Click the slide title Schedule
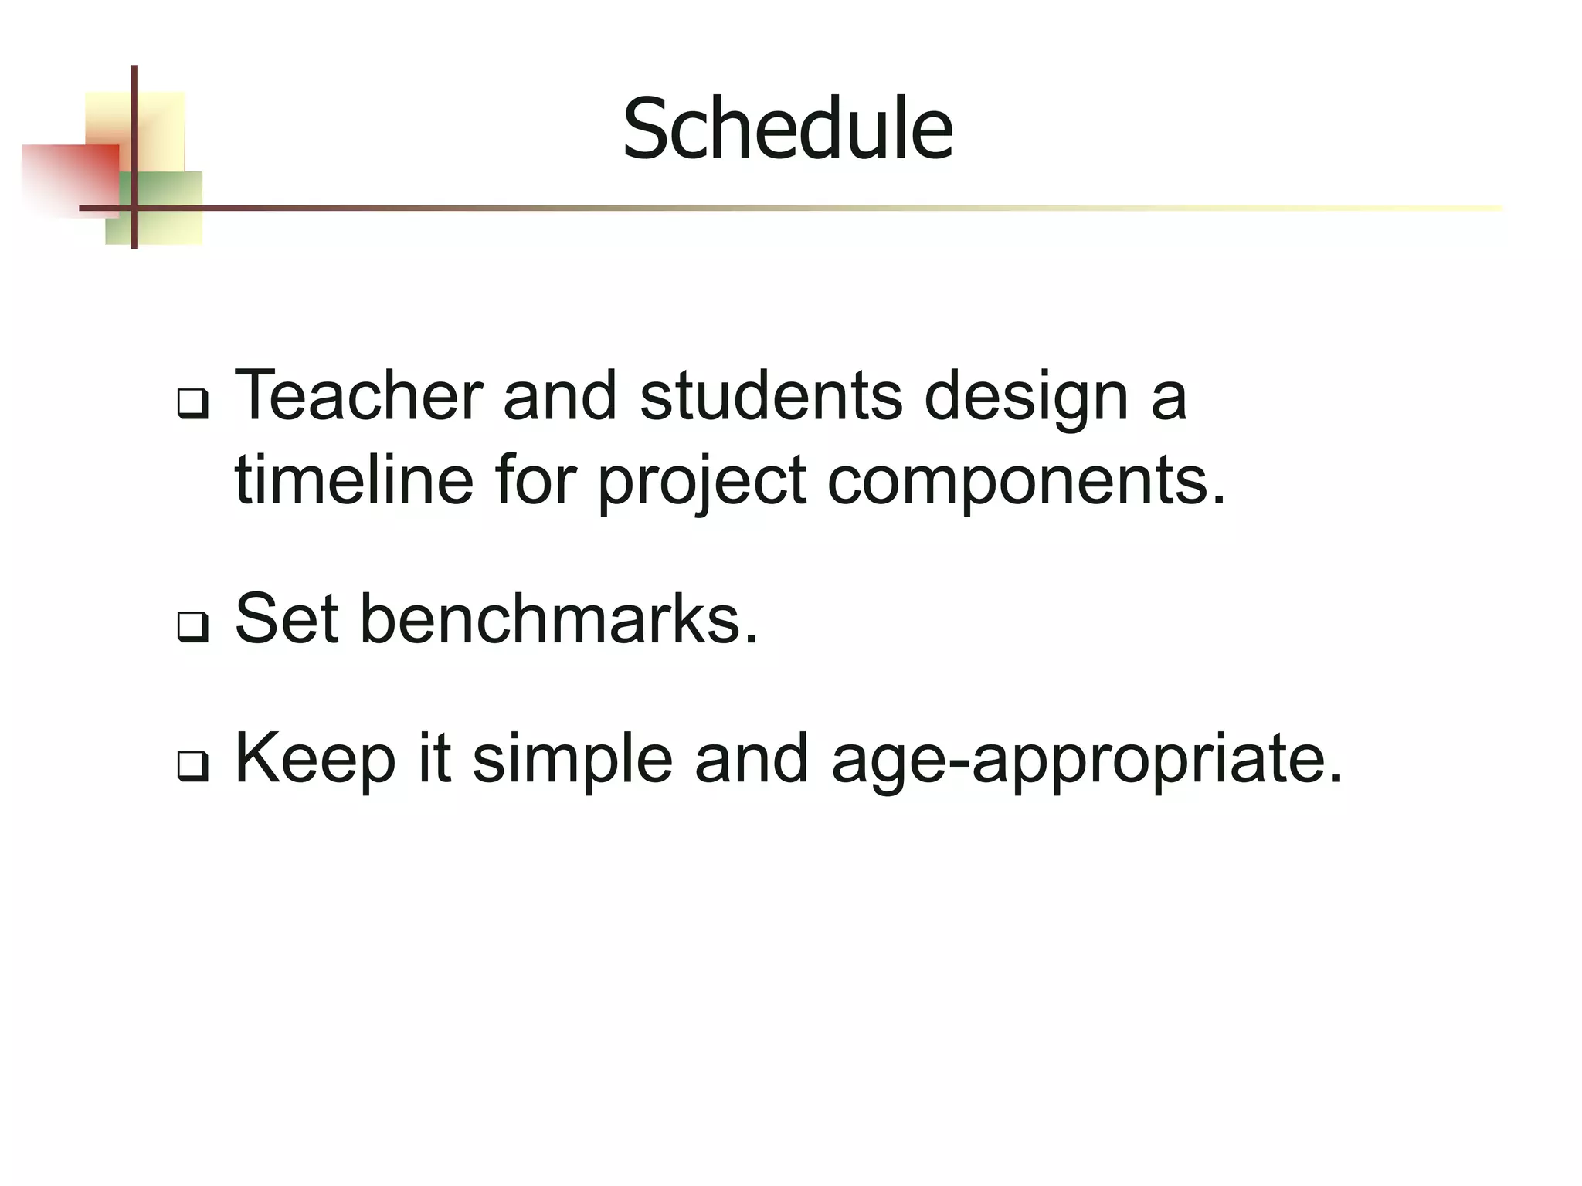[x=787, y=130]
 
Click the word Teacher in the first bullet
[x=358, y=396]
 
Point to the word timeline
[x=354, y=479]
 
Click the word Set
[x=287, y=618]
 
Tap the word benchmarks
[x=558, y=618]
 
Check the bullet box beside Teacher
[x=192, y=404]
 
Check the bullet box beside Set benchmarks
[x=192, y=625]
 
